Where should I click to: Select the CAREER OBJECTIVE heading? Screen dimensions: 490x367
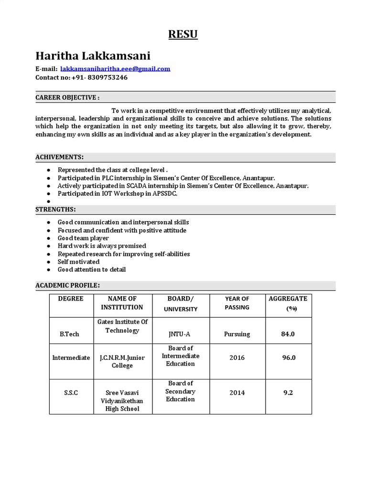click(67, 98)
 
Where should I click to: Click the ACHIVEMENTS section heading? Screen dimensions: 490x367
click(60, 157)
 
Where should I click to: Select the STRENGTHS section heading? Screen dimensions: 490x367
click(55, 210)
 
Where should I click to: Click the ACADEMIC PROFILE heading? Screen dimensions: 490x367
click(67, 285)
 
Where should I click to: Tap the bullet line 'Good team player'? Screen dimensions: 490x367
click(83, 238)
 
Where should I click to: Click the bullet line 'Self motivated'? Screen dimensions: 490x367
click(78, 262)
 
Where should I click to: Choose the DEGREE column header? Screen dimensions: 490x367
click(71, 299)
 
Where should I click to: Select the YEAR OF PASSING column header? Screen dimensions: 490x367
click(237, 303)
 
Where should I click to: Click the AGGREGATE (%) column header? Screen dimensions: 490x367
click(288, 303)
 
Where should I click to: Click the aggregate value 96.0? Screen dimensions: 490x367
click(288, 357)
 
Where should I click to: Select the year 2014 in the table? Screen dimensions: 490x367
click(237, 392)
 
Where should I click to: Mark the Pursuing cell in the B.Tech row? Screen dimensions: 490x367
click(237, 334)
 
